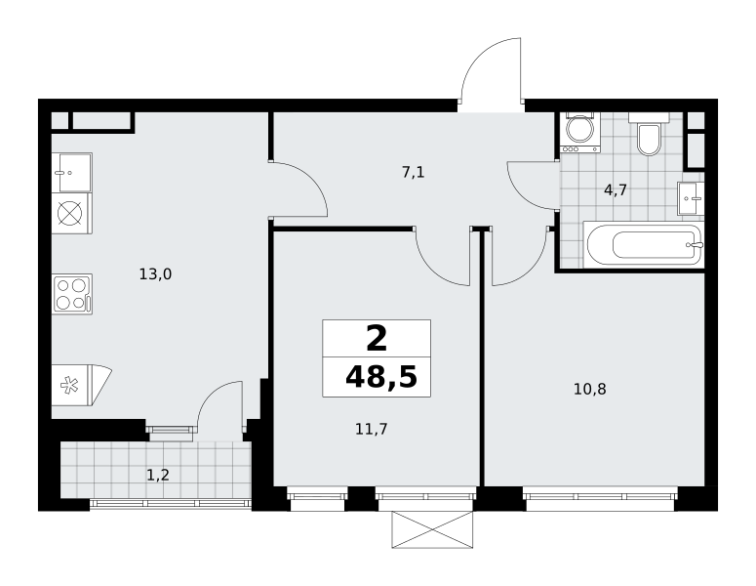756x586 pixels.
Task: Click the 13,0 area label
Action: point(155,274)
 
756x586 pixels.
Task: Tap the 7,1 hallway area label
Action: point(414,172)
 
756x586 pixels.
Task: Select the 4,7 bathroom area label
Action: point(616,190)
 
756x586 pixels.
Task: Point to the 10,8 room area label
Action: point(589,389)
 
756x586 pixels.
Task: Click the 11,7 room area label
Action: point(372,429)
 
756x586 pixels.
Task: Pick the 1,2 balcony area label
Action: point(158,476)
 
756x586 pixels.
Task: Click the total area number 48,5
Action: point(380,377)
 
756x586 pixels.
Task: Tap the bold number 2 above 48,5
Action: point(377,338)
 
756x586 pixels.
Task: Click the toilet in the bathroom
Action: point(649,134)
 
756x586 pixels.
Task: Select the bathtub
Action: point(644,244)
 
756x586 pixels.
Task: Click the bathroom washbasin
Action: point(691,198)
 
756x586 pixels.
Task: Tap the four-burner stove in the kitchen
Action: point(72,294)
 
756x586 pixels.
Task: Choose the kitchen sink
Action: point(72,173)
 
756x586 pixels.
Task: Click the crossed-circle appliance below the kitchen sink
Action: point(72,213)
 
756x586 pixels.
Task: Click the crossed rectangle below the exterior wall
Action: point(432,529)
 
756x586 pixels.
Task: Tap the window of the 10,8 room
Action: point(600,499)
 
